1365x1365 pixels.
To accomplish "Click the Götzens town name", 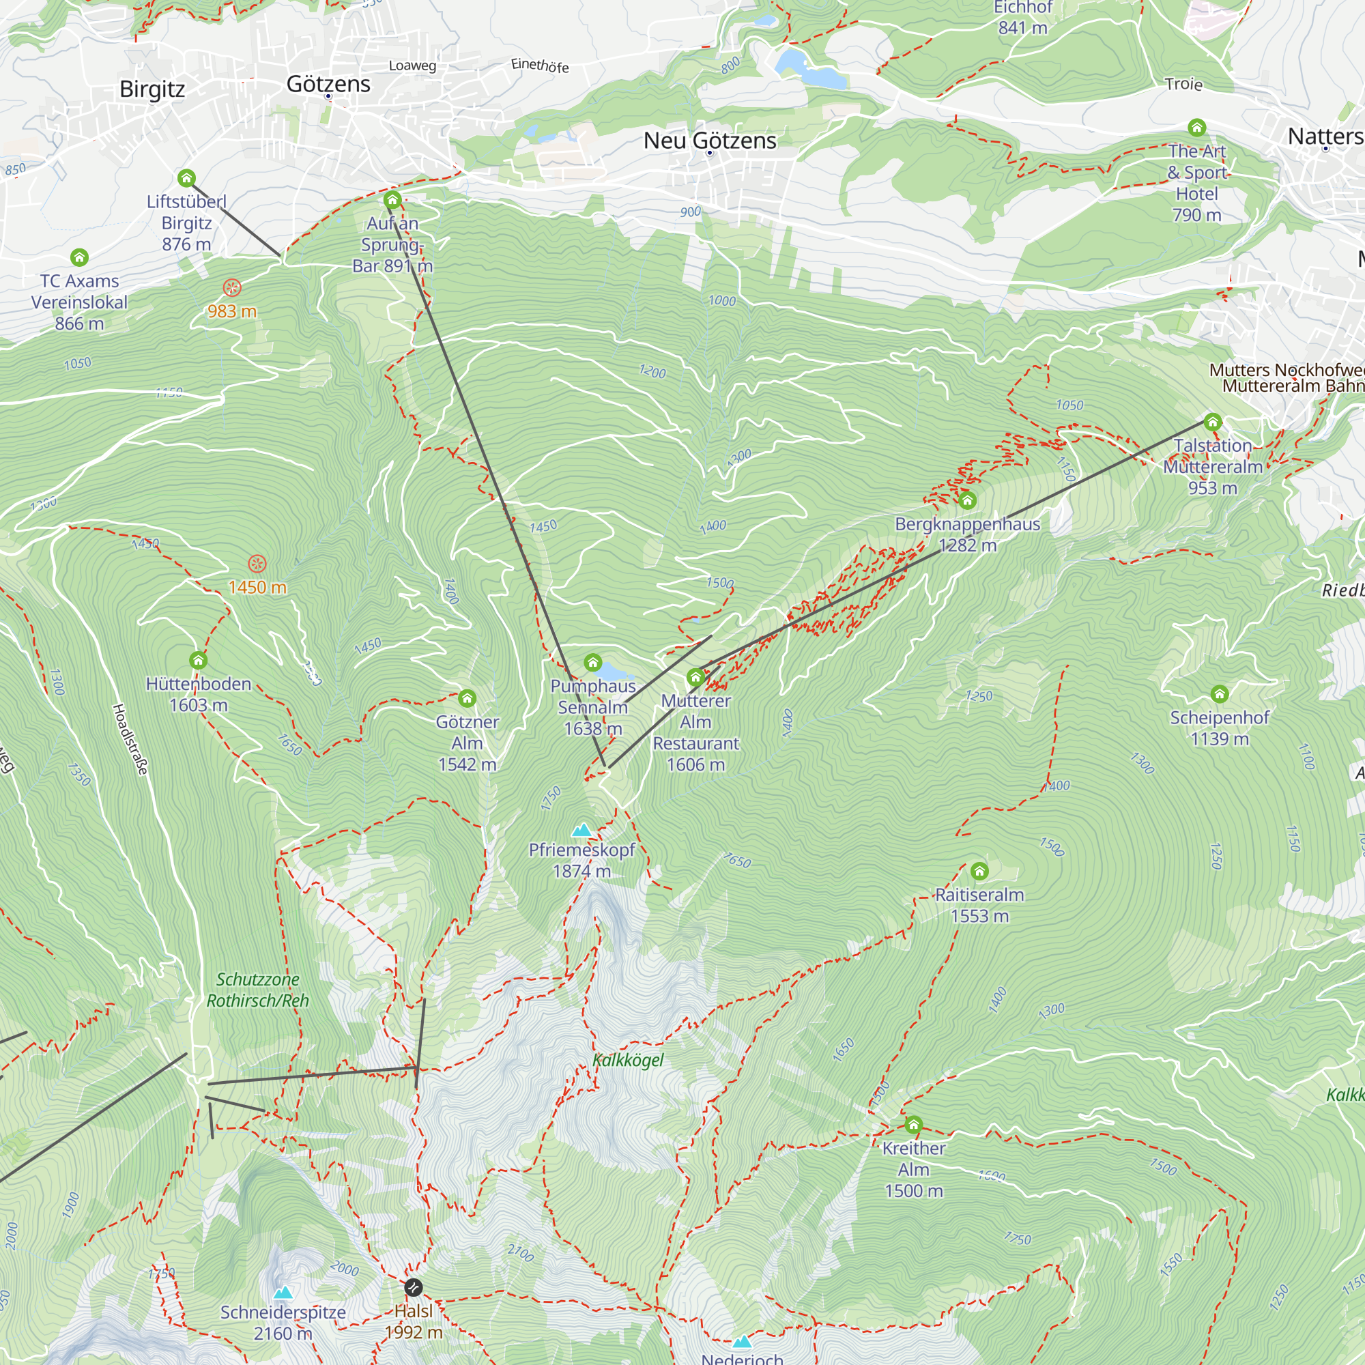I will (328, 84).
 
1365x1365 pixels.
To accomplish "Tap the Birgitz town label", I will (152, 89).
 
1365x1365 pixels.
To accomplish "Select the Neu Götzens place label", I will (709, 141).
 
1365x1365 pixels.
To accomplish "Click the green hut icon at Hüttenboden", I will (198, 660).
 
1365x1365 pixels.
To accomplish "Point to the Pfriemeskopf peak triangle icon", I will (581, 829).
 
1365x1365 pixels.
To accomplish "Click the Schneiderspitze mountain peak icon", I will (283, 1292).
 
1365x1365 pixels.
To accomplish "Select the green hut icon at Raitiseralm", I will (979, 870).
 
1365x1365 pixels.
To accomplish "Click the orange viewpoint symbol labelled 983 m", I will (232, 287).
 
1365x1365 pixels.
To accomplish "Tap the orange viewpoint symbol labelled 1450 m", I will (257, 563).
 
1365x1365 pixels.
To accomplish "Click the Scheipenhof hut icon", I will (1219, 693).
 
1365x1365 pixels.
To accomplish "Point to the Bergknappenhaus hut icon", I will (966, 500).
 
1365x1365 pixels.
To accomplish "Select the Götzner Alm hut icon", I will (466, 698).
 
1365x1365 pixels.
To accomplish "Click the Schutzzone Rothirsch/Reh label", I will (257, 989).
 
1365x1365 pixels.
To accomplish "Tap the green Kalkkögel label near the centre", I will (627, 1060).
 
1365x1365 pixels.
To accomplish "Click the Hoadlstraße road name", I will (130, 739).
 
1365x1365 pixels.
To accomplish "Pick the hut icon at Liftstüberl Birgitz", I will (186, 177).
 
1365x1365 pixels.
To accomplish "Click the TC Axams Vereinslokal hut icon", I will (79, 257).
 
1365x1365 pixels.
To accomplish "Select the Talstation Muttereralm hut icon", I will (1212, 422).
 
